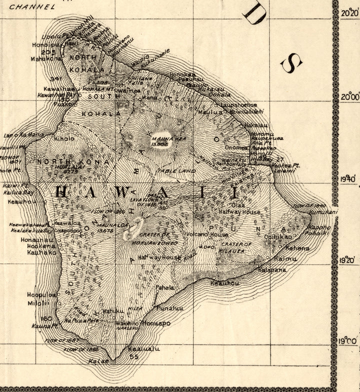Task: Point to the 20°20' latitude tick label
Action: point(350,14)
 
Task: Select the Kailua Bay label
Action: point(20,192)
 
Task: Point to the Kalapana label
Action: point(272,269)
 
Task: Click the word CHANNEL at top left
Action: point(32,7)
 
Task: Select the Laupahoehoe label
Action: point(238,105)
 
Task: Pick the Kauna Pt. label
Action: point(42,326)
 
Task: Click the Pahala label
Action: point(164,288)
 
